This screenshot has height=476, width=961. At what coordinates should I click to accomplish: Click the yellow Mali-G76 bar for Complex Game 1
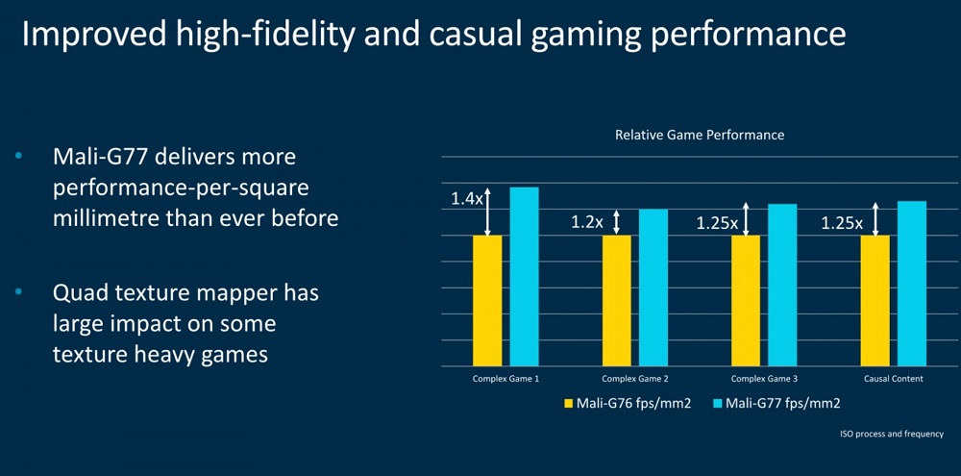[x=487, y=301]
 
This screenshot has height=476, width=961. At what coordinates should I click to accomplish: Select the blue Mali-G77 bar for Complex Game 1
[x=524, y=277]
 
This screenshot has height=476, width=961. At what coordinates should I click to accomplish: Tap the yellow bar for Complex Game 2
[x=617, y=301]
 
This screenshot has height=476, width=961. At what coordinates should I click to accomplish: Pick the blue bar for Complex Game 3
[x=782, y=286]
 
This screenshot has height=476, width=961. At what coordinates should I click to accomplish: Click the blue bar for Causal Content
[x=911, y=284]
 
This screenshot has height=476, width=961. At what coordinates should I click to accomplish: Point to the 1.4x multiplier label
[x=466, y=199]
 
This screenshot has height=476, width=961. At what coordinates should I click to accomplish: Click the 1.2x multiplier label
[x=587, y=222]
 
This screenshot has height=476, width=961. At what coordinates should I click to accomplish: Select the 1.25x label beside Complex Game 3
[x=717, y=223]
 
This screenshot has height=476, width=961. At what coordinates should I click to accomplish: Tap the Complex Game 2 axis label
[x=634, y=379]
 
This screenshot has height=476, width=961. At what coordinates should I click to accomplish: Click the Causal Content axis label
[x=893, y=379]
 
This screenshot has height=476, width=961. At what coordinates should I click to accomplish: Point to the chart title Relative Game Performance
[x=700, y=135]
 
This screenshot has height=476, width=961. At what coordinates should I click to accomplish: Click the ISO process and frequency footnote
[x=892, y=435]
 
